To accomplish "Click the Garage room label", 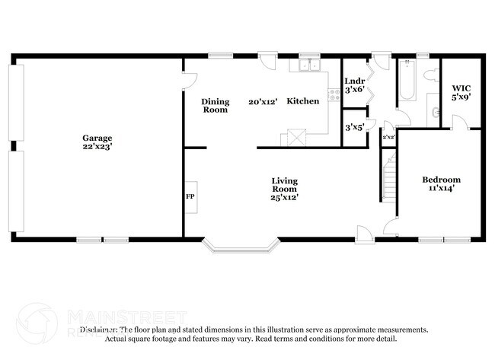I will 97,138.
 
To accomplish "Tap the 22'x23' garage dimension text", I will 97,147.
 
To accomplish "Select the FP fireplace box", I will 190,196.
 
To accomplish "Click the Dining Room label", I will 215,106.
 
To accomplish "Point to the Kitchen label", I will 302,101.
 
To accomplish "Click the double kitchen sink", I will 309,66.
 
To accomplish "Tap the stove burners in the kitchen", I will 333,95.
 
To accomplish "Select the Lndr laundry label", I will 355,81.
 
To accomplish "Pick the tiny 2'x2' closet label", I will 388,137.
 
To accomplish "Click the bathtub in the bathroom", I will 404,82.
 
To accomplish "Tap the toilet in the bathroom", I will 431,75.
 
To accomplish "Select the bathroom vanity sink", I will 435,112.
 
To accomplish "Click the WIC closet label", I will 461,88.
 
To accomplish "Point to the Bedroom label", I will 442,180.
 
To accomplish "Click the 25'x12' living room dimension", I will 284,197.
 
